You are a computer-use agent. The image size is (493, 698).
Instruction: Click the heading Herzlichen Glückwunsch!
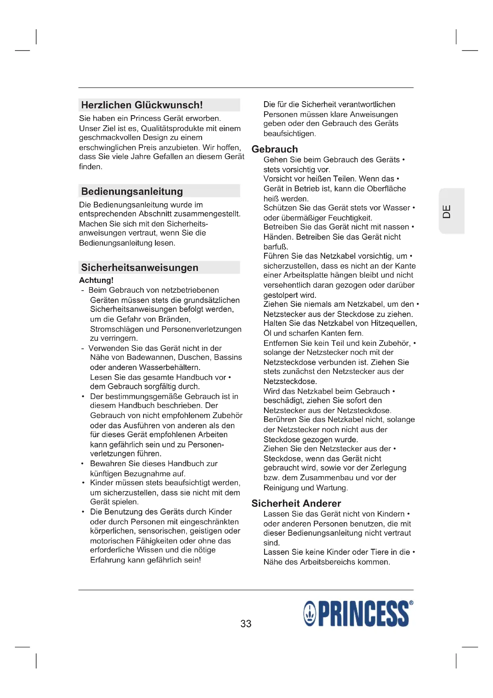[x=142, y=105]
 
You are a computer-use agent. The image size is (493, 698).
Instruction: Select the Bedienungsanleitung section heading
[x=132, y=191]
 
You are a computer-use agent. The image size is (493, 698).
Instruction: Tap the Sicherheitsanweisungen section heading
[x=139, y=267]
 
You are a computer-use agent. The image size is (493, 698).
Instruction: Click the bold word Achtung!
[x=96, y=280]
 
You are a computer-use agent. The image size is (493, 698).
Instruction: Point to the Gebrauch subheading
[x=275, y=149]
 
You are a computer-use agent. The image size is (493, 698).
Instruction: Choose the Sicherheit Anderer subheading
[x=296, y=503]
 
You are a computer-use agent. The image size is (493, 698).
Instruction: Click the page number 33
[x=246, y=623]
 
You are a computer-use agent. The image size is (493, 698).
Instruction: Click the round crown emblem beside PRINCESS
[x=310, y=614]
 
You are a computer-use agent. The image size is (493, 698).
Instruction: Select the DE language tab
[x=447, y=211]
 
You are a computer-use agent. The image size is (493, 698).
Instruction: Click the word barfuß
[x=276, y=246]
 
